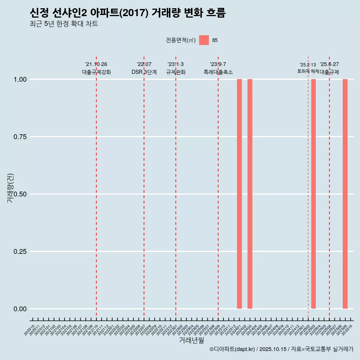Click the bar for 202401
tap(239, 194)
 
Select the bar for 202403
tap(250, 194)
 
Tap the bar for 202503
tap(313, 194)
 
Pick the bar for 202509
tap(345, 194)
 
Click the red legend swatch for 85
tap(204, 40)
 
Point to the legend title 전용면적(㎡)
tap(181, 40)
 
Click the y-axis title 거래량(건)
tap(10, 188)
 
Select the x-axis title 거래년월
tap(192, 340)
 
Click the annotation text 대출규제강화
tap(96, 72)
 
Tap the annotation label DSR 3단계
tap(144, 72)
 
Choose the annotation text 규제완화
tap(176, 72)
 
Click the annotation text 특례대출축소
tap(218, 72)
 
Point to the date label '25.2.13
tap(308, 64)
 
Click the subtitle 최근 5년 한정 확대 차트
tap(64, 24)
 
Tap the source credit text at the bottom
tap(281, 349)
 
